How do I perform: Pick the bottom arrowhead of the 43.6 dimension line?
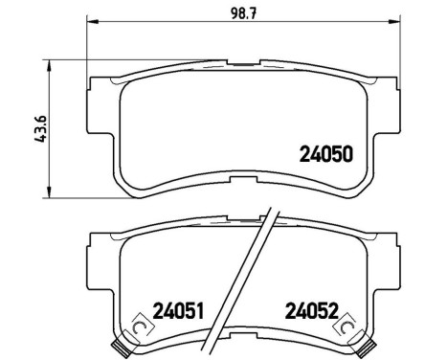click(x=51, y=189)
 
